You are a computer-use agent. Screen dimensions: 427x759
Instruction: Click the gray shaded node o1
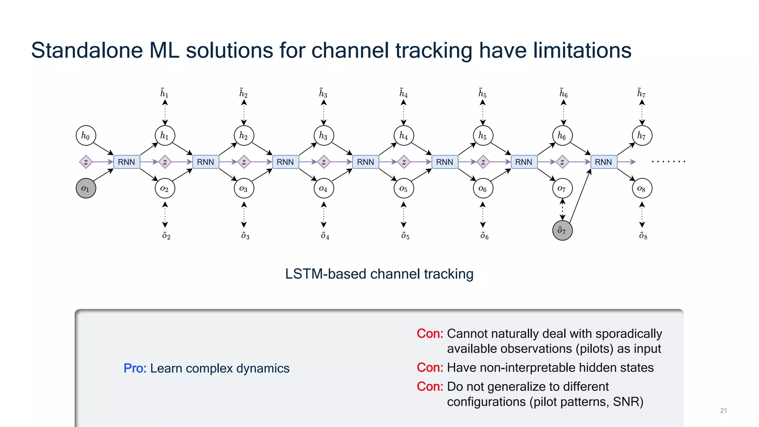click(x=86, y=188)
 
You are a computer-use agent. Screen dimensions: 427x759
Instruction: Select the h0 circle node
click(x=86, y=136)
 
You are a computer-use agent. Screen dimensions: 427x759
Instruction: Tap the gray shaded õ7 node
click(x=562, y=231)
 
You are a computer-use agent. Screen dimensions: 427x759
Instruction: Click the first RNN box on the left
click(x=126, y=162)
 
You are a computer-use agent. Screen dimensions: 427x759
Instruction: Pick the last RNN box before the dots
click(x=603, y=162)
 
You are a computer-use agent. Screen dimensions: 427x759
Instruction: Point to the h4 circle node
click(x=404, y=136)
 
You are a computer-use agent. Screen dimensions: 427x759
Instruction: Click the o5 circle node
click(x=404, y=189)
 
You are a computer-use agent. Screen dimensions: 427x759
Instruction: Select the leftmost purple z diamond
click(x=86, y=162)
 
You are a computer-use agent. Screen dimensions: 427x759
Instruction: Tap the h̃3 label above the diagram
click(x=323, y=93)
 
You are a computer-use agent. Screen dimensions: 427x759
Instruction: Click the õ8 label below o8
click(x=643, y=236)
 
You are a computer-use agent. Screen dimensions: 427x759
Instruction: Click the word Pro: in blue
click(x=135, y=368)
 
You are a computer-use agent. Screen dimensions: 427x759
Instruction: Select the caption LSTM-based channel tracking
click(x=379, y=274)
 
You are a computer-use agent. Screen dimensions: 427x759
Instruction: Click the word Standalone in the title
click(x=87, y=50)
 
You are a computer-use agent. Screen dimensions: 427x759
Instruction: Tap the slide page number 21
click(x=723, y=410)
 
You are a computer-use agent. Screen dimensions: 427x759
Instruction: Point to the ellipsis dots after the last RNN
click(x=669, y=162)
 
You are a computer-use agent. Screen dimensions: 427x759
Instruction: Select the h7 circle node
click(x=642, y=136)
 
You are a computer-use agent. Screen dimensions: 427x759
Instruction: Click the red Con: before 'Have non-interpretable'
click(x=430, y=368)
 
